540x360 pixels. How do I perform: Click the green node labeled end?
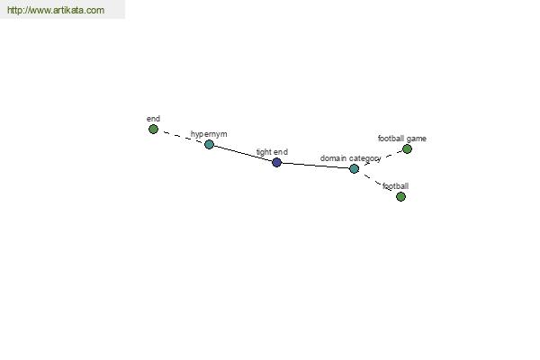[153, 130]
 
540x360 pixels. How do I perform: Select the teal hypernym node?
[209, 144]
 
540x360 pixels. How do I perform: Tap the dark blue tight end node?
[276, 162]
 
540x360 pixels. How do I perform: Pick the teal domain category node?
[354, 168]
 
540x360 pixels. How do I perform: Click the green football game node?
[407, 148]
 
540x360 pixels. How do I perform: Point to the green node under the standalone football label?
[400, 196]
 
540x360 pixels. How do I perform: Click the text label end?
[153, 119]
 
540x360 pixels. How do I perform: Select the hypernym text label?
[209, 134]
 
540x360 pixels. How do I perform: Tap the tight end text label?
[272, 152]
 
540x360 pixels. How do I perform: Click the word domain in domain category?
[333, 158]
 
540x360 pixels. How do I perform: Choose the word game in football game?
[417, 139]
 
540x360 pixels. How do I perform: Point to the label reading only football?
[396, 186]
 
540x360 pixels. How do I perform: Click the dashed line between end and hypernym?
[181, 137]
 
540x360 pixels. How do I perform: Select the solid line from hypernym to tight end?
[243, 153]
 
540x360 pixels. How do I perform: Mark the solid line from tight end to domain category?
[316, 166]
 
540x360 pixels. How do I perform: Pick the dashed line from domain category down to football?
[374, 181]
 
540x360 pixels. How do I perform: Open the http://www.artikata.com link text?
[56, 10]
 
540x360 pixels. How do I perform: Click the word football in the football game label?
[391, 138]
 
